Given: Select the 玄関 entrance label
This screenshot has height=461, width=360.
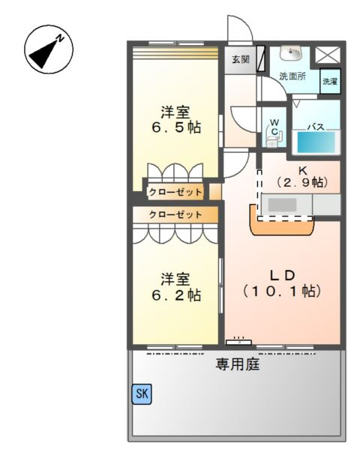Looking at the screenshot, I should tap(240, 58).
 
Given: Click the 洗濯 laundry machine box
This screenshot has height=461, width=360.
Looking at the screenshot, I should tap(330, 81).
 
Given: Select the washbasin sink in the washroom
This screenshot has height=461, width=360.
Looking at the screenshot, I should tap(290, 52).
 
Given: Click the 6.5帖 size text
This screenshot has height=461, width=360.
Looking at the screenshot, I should tap(175, 127).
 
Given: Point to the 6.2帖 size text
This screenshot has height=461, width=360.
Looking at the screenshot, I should tap(175, 295).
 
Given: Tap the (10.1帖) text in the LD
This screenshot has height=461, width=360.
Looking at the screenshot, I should tap(281, 289).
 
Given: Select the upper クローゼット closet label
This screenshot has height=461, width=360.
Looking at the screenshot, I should tap(175, 192).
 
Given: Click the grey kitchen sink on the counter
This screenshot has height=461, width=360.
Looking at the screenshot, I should tap(283, 203).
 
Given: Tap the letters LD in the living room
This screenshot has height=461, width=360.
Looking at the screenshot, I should tap(281, 273).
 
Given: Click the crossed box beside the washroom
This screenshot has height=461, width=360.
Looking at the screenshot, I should tap(327, 55).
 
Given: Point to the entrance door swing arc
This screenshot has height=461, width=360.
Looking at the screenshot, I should tap(238, 30).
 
